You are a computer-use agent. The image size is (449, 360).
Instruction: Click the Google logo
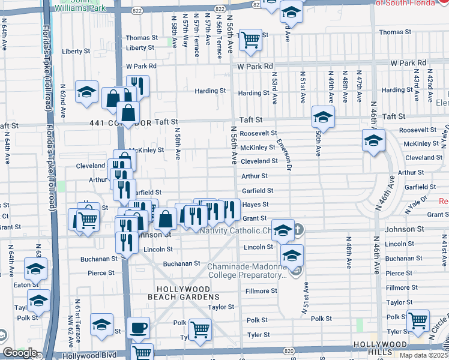(x=19, y=353)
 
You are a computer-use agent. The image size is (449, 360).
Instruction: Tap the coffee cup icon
(x=139, y=328)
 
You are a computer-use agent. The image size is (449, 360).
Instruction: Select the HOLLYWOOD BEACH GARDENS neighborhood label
(x=180, y=293)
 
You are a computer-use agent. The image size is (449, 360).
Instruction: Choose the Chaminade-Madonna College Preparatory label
(x=247, y=271)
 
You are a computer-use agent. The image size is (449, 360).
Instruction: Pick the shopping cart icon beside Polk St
(x=200, y=329)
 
